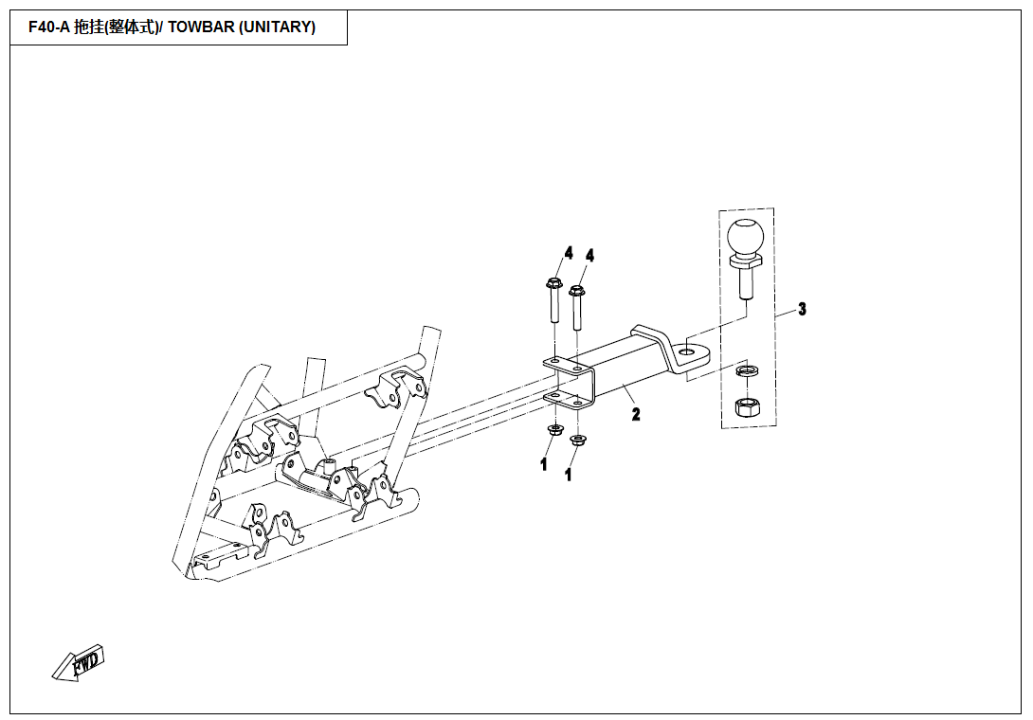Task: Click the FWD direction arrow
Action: coord(79,663)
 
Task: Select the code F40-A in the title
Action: coord(48,27)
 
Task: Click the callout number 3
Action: coord(802,309)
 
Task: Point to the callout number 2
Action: coord(636,414)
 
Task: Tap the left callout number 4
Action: coord(569,253)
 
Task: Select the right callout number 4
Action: coord(589,256)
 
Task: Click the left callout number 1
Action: coord(544,464)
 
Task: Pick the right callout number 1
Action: coord(569,474)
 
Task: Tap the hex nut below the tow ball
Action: coord(747,407)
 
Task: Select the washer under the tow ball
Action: coord(747,371)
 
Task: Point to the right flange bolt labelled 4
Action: coord(577,308)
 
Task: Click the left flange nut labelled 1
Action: coord(554,430)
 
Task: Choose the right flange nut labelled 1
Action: coord(578,440)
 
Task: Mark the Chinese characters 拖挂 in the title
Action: coord(88,27)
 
